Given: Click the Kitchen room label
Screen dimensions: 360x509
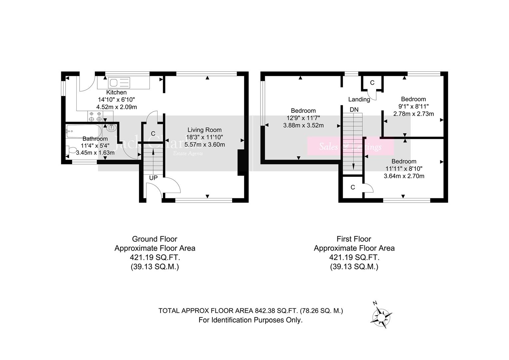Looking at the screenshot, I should point(116,92).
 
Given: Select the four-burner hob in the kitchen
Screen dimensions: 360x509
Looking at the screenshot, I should point(95,116).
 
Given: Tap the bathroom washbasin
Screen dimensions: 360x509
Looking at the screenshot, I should point(111,127).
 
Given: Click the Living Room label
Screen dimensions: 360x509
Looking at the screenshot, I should point(204,130).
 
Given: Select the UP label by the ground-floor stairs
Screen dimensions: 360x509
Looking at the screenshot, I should point(153,178).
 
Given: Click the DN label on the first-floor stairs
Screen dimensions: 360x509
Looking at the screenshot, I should point(354,109).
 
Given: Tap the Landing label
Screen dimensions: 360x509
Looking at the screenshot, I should point(359,99).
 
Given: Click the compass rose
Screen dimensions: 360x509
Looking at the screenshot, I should point(381,316).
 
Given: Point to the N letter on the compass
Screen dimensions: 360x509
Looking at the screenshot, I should point(375,303).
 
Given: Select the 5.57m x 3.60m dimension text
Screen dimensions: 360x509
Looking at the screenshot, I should point(205,145).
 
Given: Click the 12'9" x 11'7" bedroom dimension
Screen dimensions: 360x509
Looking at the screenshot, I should point(303,118).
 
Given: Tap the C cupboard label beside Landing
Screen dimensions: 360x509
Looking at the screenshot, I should point(372,83).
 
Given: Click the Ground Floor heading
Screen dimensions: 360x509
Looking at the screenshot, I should point(155,239).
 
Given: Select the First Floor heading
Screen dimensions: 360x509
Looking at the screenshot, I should point(354,239).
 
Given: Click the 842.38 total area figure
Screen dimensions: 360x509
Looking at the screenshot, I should point(265,311).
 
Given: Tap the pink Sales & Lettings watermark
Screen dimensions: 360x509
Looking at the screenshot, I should point(350,146).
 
